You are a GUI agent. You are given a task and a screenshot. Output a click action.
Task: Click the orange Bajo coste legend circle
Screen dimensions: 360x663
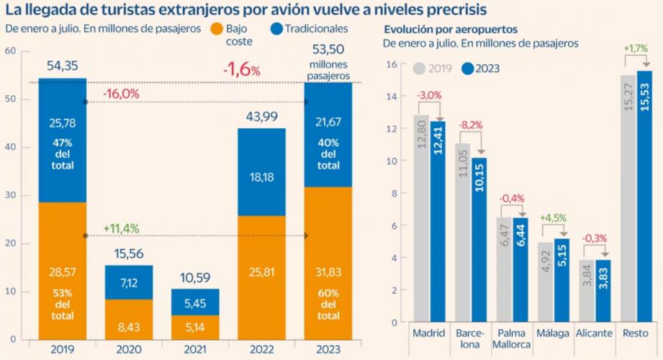(215, 30)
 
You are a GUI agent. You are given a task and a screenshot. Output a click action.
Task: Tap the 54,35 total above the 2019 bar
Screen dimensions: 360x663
(62, 66)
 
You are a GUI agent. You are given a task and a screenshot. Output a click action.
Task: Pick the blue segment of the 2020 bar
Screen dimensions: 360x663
(128, 282)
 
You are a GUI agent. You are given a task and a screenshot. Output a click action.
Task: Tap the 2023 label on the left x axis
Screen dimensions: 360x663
(328, 350)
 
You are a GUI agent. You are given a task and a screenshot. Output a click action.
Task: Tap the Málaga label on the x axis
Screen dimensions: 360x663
(552, 334)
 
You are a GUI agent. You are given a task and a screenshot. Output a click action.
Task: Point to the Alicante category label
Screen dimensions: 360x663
(594, 334)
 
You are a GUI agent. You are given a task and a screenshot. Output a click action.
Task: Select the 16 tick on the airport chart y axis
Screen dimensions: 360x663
(392, 64)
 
